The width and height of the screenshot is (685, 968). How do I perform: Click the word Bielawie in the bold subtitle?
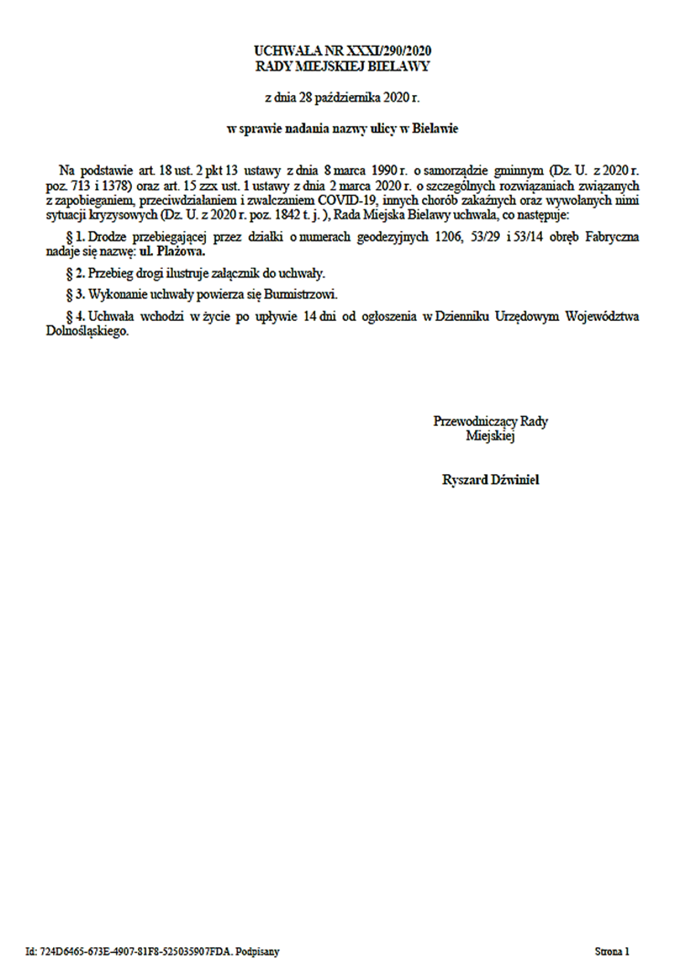coord(435,129)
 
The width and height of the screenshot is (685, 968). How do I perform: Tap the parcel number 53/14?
coord(528,237)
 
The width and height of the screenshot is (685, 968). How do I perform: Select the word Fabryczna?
coord(612,237)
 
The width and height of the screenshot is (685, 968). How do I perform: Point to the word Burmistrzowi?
coord(300,295)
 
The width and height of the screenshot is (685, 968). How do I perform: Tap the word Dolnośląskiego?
coord(87,331)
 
